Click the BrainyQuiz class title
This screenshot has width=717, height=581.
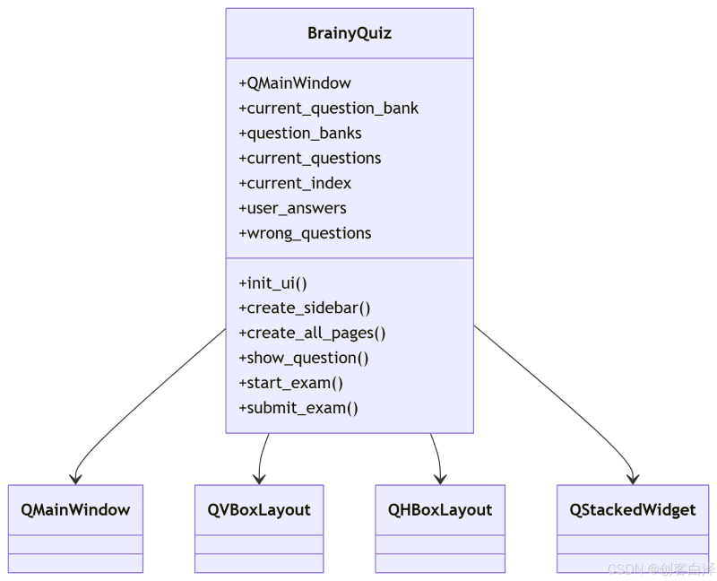pyautogui.click(x=350, y=33)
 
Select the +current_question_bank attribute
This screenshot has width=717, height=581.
pyautogui.click(x=328, y=108)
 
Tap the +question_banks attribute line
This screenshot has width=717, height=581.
pyautogui.click(x=300, y=133)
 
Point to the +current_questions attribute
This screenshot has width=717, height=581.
pyautogui.click(x=309, y=159)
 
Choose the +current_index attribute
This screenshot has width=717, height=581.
pyautogui.click(x=295, y=183)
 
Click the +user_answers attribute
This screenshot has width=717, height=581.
pyautogui.click(x=292, y=208)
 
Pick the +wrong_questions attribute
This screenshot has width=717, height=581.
pyautogui.click(x=305, y=233)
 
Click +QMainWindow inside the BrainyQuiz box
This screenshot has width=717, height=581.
pyautogui.click(x=295, y=83)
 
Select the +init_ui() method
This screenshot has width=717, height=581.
pyautogui.click(x=272, y=283)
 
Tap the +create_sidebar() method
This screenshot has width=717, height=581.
pyautogui.click(x=304, y=308)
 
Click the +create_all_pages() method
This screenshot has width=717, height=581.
pyautogui.click(x=312, y=333)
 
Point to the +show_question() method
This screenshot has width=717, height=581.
pyautogui.click(x=303, y=359)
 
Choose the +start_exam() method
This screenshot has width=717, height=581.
pyautogui.click(x=290, y=383)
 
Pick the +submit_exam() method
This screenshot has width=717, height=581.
pyautogui.click(x=298, y=408)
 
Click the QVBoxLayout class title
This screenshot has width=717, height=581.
pyautogui.click(x=259, y=510)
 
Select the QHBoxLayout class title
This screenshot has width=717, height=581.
pyautogui.click(x=440, y=510)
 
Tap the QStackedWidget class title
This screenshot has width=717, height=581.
pyautogui.click(x=633, y=510)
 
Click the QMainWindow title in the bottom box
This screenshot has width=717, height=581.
pyautogui.click(x=75, y=509)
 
